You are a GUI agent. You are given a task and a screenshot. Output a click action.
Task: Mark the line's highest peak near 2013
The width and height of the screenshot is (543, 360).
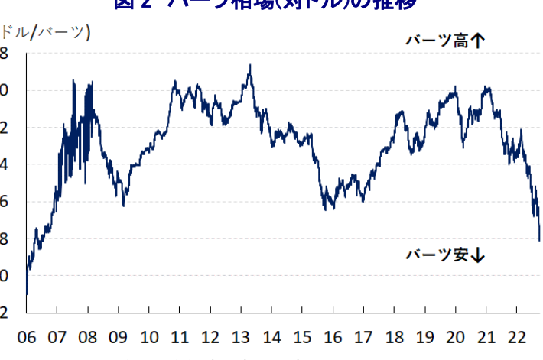click(250, 66)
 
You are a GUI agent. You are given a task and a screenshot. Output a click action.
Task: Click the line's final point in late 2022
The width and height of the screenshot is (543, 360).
click(540, 240)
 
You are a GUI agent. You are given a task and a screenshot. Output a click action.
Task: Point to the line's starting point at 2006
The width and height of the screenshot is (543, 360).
click(26, 294)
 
